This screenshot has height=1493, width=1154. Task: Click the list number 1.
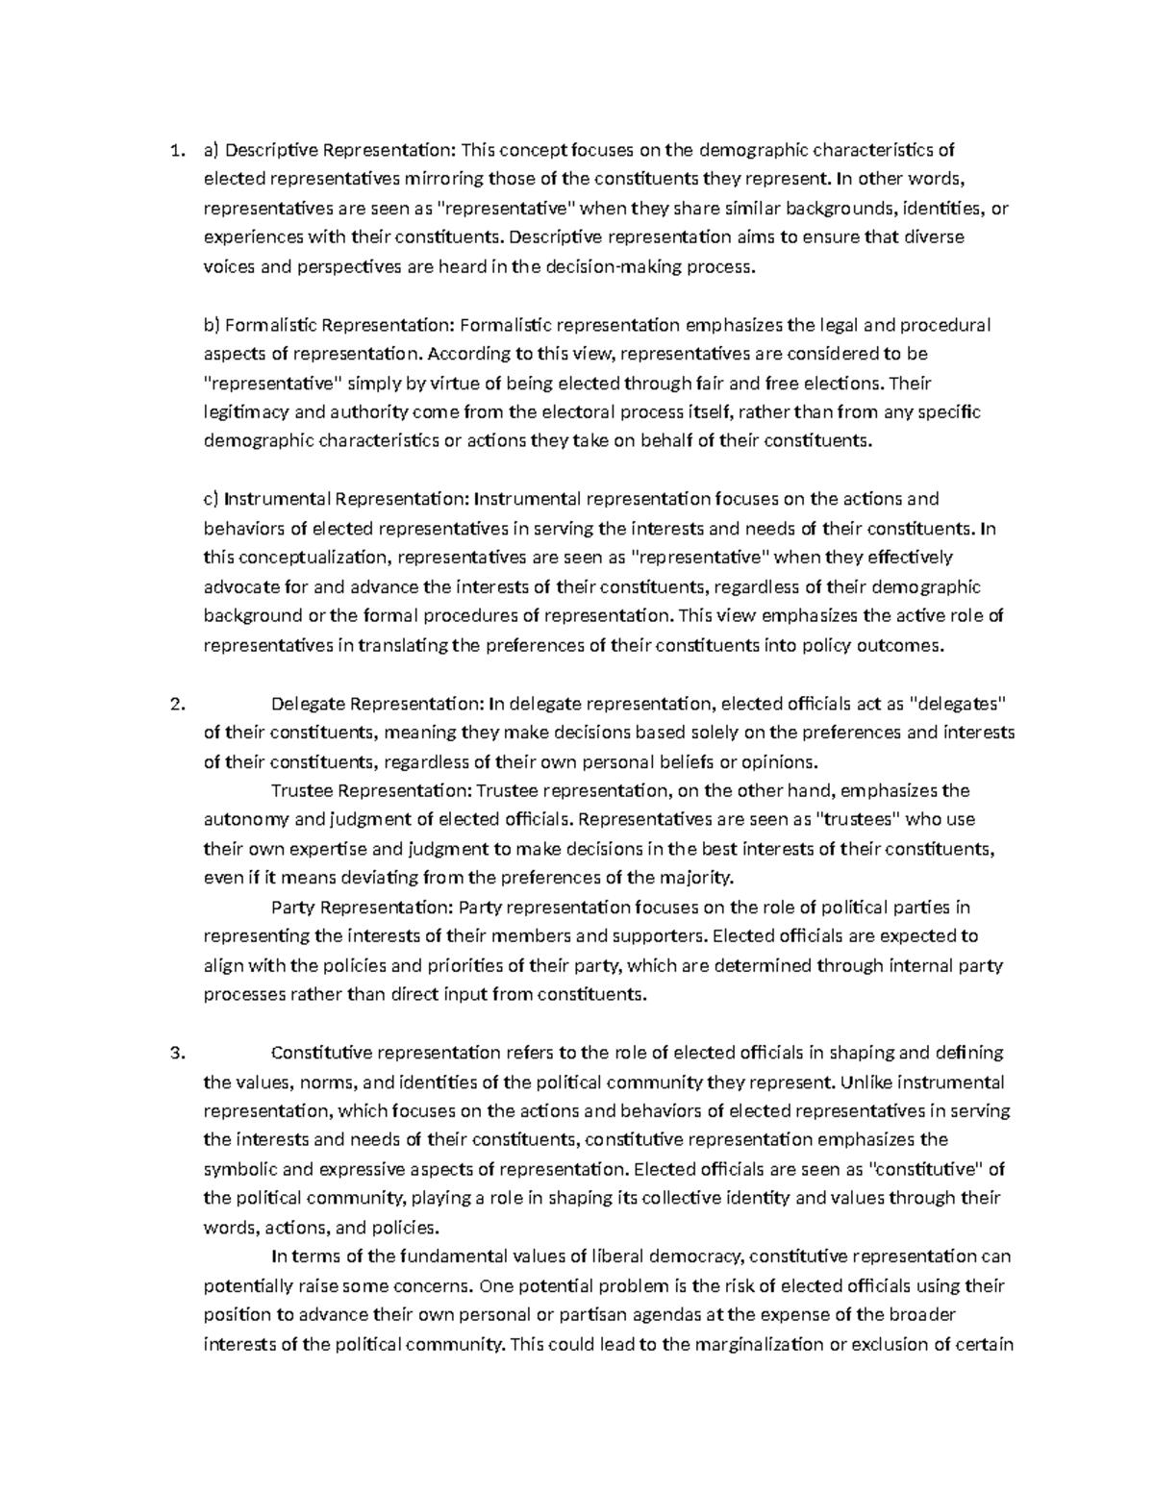click(x=173, y=150)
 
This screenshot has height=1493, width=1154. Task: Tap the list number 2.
click(x=174, y=704)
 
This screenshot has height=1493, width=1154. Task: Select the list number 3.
click(x=174, y=1053)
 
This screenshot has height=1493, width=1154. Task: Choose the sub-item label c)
click(x=211, y=499)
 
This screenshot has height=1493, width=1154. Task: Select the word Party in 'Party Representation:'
click(x=292, y=908)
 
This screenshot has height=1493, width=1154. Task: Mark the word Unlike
click(x=865, y=1082)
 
